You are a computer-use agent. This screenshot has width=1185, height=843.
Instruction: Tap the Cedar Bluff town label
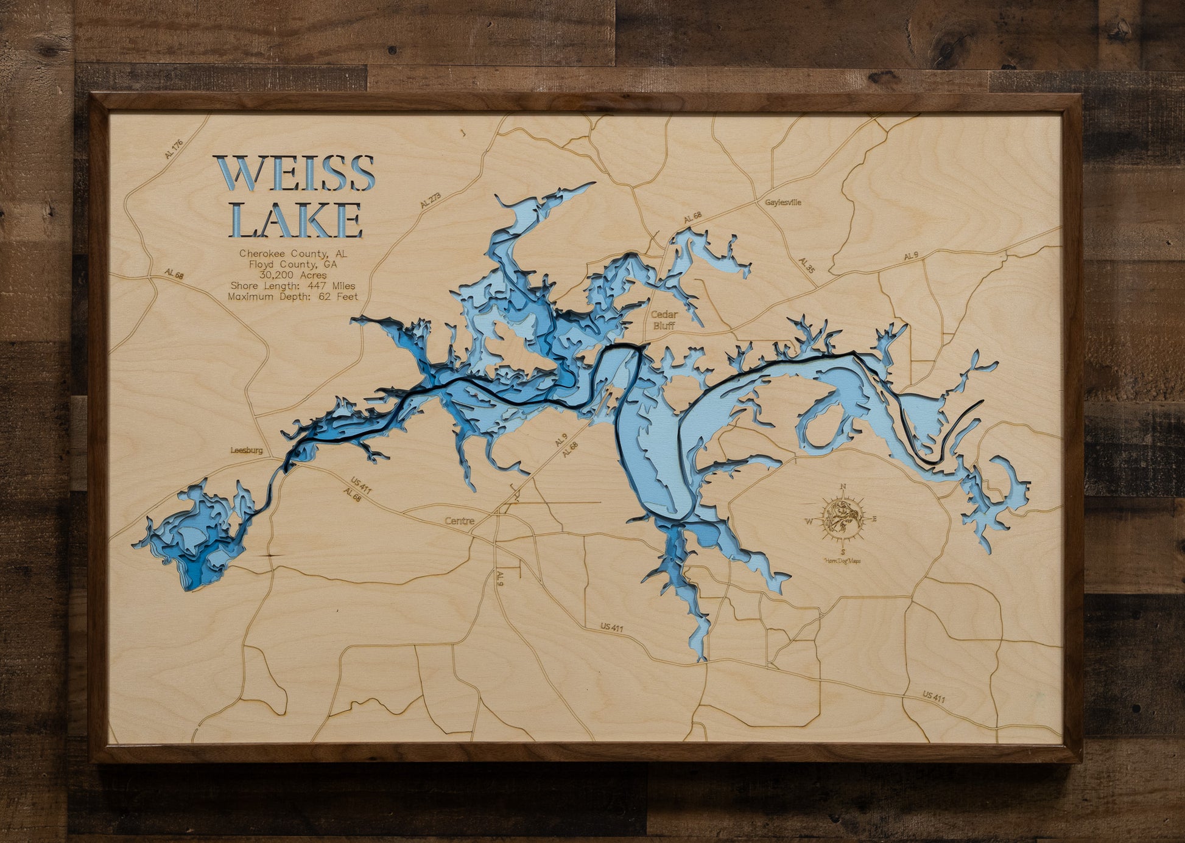point(664,320)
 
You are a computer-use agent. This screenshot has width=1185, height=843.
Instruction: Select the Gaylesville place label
point(783,202)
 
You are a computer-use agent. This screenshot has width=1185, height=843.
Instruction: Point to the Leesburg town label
point(247,450)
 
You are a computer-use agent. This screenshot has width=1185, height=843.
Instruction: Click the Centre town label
point(459,521)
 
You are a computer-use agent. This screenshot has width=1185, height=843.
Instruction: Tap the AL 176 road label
point(174,149)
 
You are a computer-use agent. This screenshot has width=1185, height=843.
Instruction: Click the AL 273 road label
point(430,200)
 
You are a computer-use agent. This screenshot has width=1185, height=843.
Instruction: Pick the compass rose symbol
point(843,519)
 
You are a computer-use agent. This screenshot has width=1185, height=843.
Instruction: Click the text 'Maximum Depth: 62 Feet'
point(293,297)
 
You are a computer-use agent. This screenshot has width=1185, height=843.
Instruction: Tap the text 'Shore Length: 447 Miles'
point(293,286)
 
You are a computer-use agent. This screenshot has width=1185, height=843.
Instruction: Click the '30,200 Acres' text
point(293,275)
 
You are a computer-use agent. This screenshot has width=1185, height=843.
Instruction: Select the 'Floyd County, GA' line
point(293,264)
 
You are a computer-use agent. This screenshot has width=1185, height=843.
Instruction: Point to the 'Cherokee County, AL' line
point(293,253)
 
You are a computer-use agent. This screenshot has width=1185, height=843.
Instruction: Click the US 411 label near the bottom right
point(934,697)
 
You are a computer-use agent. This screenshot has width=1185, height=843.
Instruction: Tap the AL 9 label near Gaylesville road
point(910,256)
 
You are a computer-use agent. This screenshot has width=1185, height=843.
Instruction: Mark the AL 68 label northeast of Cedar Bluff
point(692,217)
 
